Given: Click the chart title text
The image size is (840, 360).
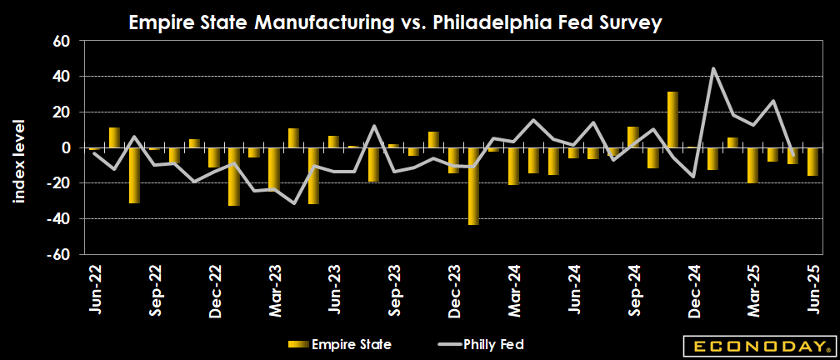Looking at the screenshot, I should click(395, 23).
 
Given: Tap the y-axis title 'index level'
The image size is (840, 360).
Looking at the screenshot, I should click(18, 161).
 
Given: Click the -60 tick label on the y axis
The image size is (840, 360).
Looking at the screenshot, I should click(65, 254).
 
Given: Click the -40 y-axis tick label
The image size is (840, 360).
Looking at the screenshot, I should click(65, 218).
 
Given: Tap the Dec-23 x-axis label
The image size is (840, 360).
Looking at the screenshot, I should click(454, 288).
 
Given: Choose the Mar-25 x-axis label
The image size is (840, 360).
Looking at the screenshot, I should click(753, 288).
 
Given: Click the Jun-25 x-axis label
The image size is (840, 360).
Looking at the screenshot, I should click(813, 288).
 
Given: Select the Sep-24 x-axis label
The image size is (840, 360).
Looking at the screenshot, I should click(633, 288).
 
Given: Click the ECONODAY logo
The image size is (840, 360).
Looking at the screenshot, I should click(757, 345).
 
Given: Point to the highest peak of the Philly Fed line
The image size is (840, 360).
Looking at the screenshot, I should click(713, 68).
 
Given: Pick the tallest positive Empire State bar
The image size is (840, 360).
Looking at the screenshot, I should click(673, 119).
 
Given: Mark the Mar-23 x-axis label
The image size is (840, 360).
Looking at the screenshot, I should click(274, 288).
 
